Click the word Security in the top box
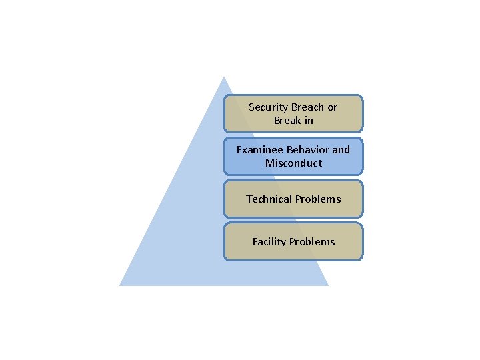coord(268,107)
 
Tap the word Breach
coord(308,107)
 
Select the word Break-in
coord(293,121)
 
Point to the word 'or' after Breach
coord(332,107)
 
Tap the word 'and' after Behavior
coord(341,150)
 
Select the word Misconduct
coord(293,163)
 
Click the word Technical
coord(269,199)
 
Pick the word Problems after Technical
coord(318,199)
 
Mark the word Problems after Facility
coord(313,242)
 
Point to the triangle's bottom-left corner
coord(120,285)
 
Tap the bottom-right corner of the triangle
coord(328,285)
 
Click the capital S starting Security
coord(251,107)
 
